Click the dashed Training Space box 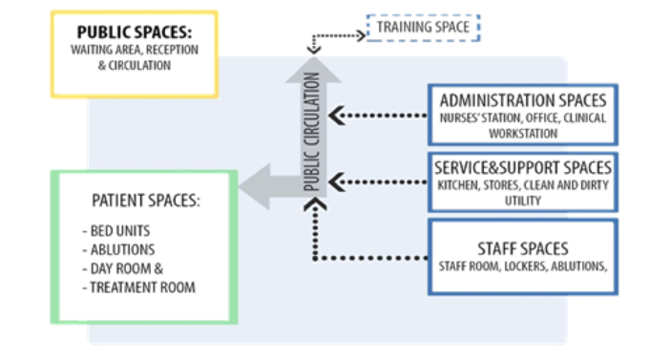pos(423,28)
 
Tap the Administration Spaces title pos(522,100)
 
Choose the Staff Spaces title pos(522,248)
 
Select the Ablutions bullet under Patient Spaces pos(118,250)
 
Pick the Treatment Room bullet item pos(140,286)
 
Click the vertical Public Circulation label pos(312,143)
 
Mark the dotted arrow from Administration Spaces pos(377,117)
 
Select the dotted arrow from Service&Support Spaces pos(377,181)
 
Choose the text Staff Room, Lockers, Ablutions pos(522,266)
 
